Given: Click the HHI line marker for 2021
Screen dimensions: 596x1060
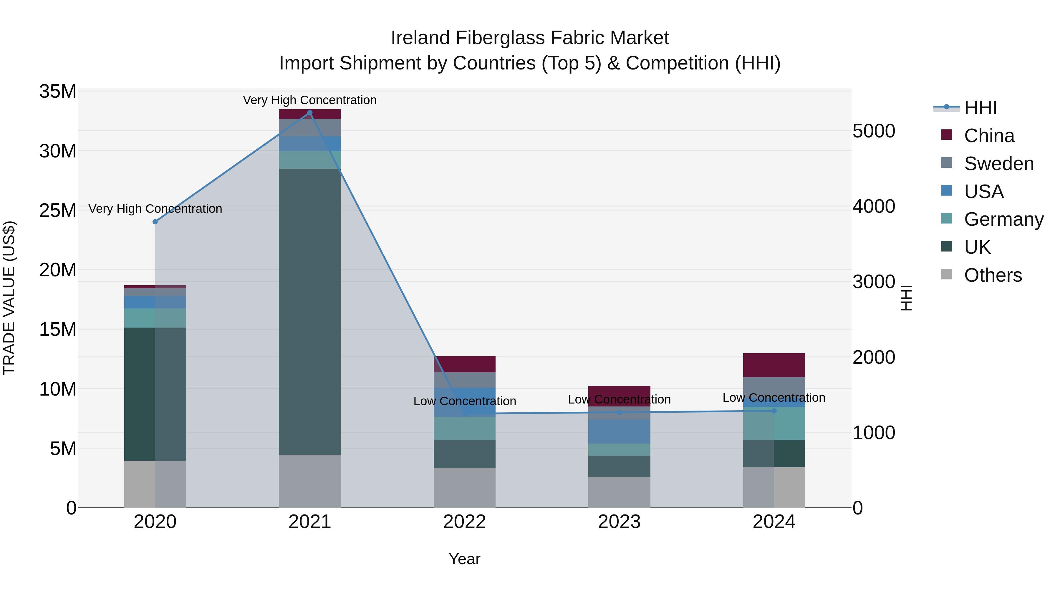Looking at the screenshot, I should tap(310, 113).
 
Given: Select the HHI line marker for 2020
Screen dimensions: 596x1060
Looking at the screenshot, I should tap(155, 222).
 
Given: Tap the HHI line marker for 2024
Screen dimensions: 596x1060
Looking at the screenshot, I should tap(774, 411).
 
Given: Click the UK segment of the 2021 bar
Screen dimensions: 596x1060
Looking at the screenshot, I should tap(310, 311).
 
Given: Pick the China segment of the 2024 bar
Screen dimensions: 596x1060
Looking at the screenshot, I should tap(774, 365).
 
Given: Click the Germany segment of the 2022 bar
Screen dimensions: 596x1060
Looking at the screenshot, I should tap(465, 428).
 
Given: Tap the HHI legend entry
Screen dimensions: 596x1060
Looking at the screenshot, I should tap(980, 108).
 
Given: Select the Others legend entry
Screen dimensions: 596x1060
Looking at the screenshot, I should tap(993, 275).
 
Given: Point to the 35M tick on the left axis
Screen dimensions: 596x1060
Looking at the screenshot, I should tap(58, 91).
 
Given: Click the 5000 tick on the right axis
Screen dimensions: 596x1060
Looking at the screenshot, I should tap(874, 131).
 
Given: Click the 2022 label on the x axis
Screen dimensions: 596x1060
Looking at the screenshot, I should tap(465, 522).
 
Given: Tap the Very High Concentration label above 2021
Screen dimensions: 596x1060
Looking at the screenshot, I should tap(310, 100).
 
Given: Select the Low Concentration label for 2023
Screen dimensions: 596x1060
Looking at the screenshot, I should tap(619, 399).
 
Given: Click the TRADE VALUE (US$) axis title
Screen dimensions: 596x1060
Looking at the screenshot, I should tap(9, 298).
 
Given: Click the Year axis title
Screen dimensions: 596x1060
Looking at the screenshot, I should tap(465, 559).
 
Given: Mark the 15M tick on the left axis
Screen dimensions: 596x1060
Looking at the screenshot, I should tap(58, 329).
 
